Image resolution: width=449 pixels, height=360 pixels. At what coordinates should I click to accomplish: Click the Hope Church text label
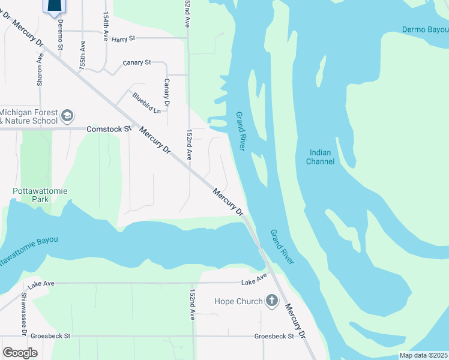coord(238,301)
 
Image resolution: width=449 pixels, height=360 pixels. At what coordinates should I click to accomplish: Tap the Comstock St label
coord(109,129)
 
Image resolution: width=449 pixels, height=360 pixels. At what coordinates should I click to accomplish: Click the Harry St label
coord(124,39)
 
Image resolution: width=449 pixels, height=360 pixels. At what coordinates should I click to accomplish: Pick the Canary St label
coord(136,62)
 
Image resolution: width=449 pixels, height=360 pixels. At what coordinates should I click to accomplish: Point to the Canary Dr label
coord(167,92)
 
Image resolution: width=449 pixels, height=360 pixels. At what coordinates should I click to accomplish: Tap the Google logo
coord(20,353)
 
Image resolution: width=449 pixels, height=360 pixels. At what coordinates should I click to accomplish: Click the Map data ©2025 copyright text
coord(423,355)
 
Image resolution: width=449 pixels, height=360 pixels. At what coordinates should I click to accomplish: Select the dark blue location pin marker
coord(53,6)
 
